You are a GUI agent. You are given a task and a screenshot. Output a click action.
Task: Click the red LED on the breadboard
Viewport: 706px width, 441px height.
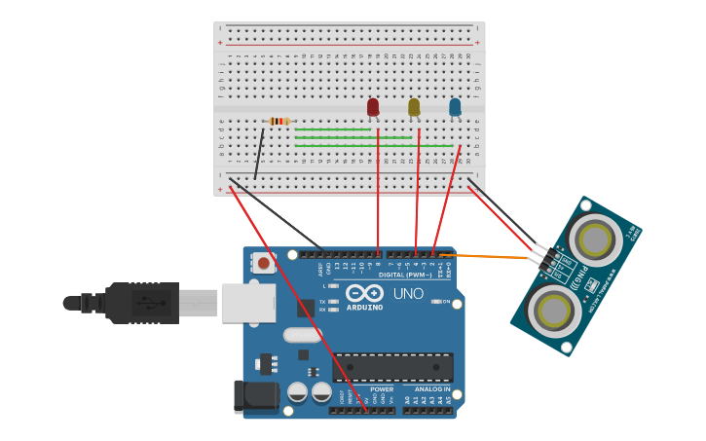pos(373,106)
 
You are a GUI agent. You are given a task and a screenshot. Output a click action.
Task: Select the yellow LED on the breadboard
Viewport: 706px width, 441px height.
pos(414,106)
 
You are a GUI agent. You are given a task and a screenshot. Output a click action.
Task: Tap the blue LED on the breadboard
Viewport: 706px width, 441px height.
pos(455,106)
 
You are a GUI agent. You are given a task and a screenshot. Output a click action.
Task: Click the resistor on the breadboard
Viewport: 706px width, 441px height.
pos(279,121)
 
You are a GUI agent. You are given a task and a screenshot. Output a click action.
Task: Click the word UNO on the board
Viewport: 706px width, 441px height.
pos(408,293)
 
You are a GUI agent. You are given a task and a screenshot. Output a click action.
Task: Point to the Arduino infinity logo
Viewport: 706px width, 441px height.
pos(364,293)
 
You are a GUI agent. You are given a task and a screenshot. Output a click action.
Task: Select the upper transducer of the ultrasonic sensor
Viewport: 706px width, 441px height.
pos(595,238)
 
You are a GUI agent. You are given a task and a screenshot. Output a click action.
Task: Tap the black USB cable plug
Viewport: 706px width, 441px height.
pos(142,302)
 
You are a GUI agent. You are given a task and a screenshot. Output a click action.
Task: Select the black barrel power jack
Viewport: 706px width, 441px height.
pos(255,396)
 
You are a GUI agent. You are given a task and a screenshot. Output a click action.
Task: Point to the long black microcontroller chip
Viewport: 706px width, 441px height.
pos(392,367)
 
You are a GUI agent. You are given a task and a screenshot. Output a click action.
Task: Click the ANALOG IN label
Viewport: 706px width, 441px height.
pos(427,389)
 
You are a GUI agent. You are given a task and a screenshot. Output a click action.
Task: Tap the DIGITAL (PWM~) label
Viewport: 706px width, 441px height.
pos(405,276)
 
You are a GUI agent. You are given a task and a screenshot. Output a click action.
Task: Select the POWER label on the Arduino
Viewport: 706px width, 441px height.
pos(381,389)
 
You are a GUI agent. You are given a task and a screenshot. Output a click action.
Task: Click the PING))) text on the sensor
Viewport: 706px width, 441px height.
pos(581,279)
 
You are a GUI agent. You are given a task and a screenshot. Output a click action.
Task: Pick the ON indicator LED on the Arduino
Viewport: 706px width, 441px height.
pos(435,302)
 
